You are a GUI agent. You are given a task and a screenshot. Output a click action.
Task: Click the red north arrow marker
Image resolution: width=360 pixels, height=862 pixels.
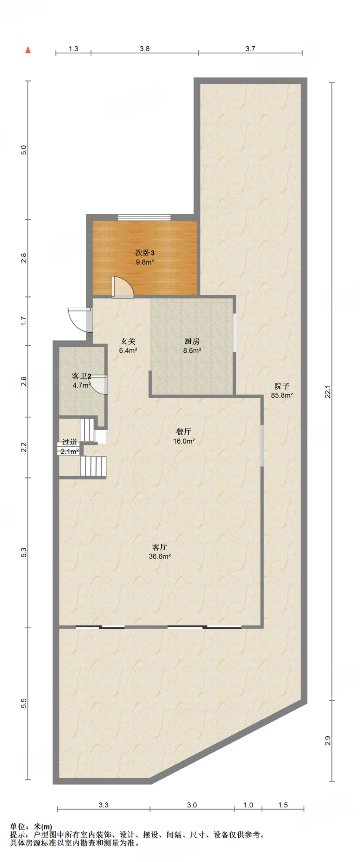tap(28, 50)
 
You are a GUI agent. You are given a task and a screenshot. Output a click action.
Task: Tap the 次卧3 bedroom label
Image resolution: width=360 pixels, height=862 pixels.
tap(144, 253)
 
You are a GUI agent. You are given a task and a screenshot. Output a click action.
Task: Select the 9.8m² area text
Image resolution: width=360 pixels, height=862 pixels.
tap(144, 262)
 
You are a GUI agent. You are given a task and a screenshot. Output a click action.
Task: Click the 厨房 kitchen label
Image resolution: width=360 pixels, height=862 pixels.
tap(192, 341)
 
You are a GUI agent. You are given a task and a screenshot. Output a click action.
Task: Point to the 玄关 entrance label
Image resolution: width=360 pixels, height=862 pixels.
tap(128, 341)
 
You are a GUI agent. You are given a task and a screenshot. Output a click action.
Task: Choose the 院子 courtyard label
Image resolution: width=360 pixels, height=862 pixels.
tap(282, 386)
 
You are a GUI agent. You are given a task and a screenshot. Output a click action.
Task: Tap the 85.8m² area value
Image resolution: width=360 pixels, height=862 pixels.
tap(282, 395)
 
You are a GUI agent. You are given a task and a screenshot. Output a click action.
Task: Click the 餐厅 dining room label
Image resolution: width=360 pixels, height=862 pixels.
tap(184, 432)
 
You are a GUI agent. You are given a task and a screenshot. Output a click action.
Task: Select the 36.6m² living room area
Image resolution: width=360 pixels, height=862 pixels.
tap(160, 556)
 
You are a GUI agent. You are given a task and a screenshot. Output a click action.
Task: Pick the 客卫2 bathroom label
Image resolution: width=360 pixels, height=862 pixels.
tap(82, 376)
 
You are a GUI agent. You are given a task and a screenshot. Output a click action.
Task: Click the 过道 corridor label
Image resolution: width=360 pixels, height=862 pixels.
tap(70, 442)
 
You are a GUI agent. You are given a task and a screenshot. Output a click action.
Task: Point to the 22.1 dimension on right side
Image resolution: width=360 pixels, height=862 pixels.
tap(328, 392)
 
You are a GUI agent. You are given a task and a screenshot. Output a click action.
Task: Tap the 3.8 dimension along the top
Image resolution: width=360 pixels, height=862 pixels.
tap(144, 49)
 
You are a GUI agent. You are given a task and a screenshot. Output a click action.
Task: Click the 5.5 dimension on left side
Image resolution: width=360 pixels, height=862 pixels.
tap(24, 703)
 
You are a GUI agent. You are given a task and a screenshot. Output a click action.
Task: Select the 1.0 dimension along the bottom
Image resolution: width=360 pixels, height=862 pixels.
tap(248, 805)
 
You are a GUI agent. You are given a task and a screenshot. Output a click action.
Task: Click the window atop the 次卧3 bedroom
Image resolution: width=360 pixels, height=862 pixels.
tap(144, 218)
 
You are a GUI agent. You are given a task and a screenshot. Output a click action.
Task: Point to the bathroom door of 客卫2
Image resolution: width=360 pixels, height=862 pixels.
tap(99, 384)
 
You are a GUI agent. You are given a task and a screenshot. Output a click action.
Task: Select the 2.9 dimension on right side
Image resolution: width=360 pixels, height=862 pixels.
tap(328, 741)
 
